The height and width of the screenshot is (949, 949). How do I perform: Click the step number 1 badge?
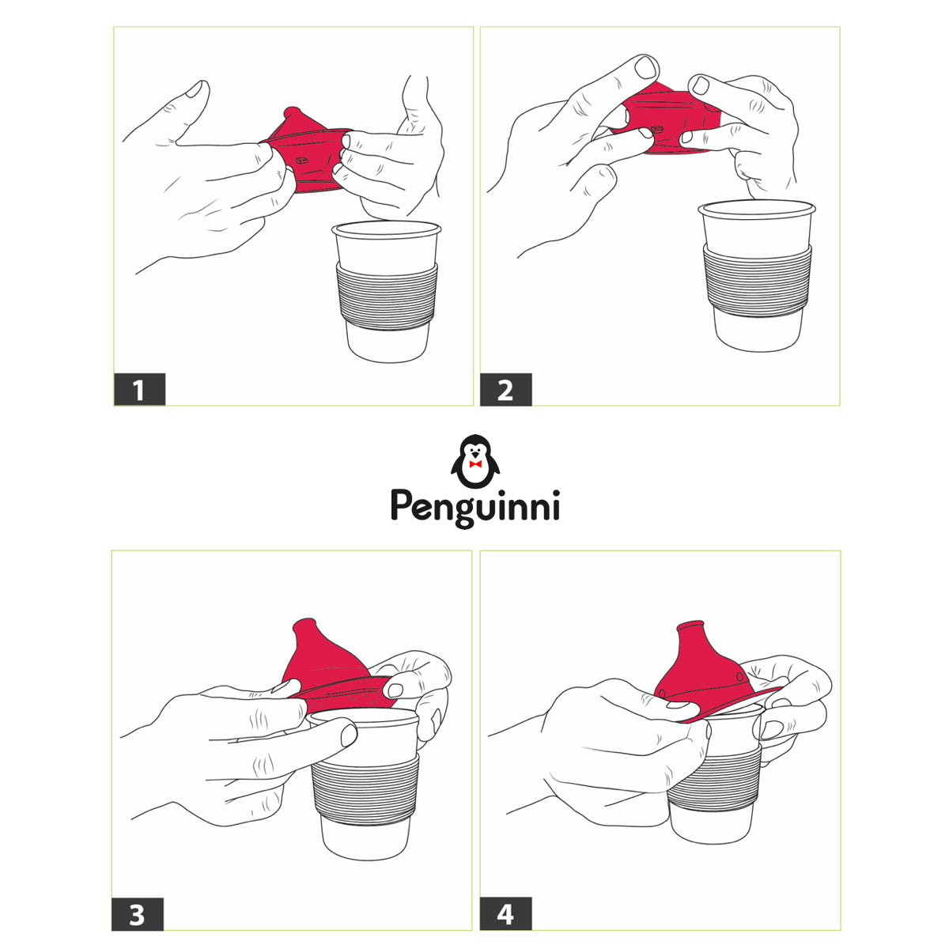coord(139,390)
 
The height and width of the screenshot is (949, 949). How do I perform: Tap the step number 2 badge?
coord(506,390)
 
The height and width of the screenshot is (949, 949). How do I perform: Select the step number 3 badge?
coord(138,914)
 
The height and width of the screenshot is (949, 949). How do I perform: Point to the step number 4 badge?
coord(506,913)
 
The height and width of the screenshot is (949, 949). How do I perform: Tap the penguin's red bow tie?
coord(475,464)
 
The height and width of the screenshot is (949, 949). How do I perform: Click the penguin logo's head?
coord(475,448)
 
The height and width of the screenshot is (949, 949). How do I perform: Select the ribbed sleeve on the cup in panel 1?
coord(387,297)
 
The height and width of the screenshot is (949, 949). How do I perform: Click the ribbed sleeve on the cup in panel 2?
coord(758,280)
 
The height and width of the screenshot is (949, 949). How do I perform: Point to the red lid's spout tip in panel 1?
coord(292,112)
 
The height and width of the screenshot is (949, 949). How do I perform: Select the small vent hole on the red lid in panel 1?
coord(301,161)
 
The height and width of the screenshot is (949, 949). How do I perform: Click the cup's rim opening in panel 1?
coord(387,230)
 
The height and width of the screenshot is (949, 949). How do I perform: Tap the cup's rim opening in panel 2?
coord(757,208)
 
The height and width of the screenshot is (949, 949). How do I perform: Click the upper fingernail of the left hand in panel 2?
coord(645,67)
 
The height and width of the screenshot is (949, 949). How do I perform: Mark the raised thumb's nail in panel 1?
coord(194,89)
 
